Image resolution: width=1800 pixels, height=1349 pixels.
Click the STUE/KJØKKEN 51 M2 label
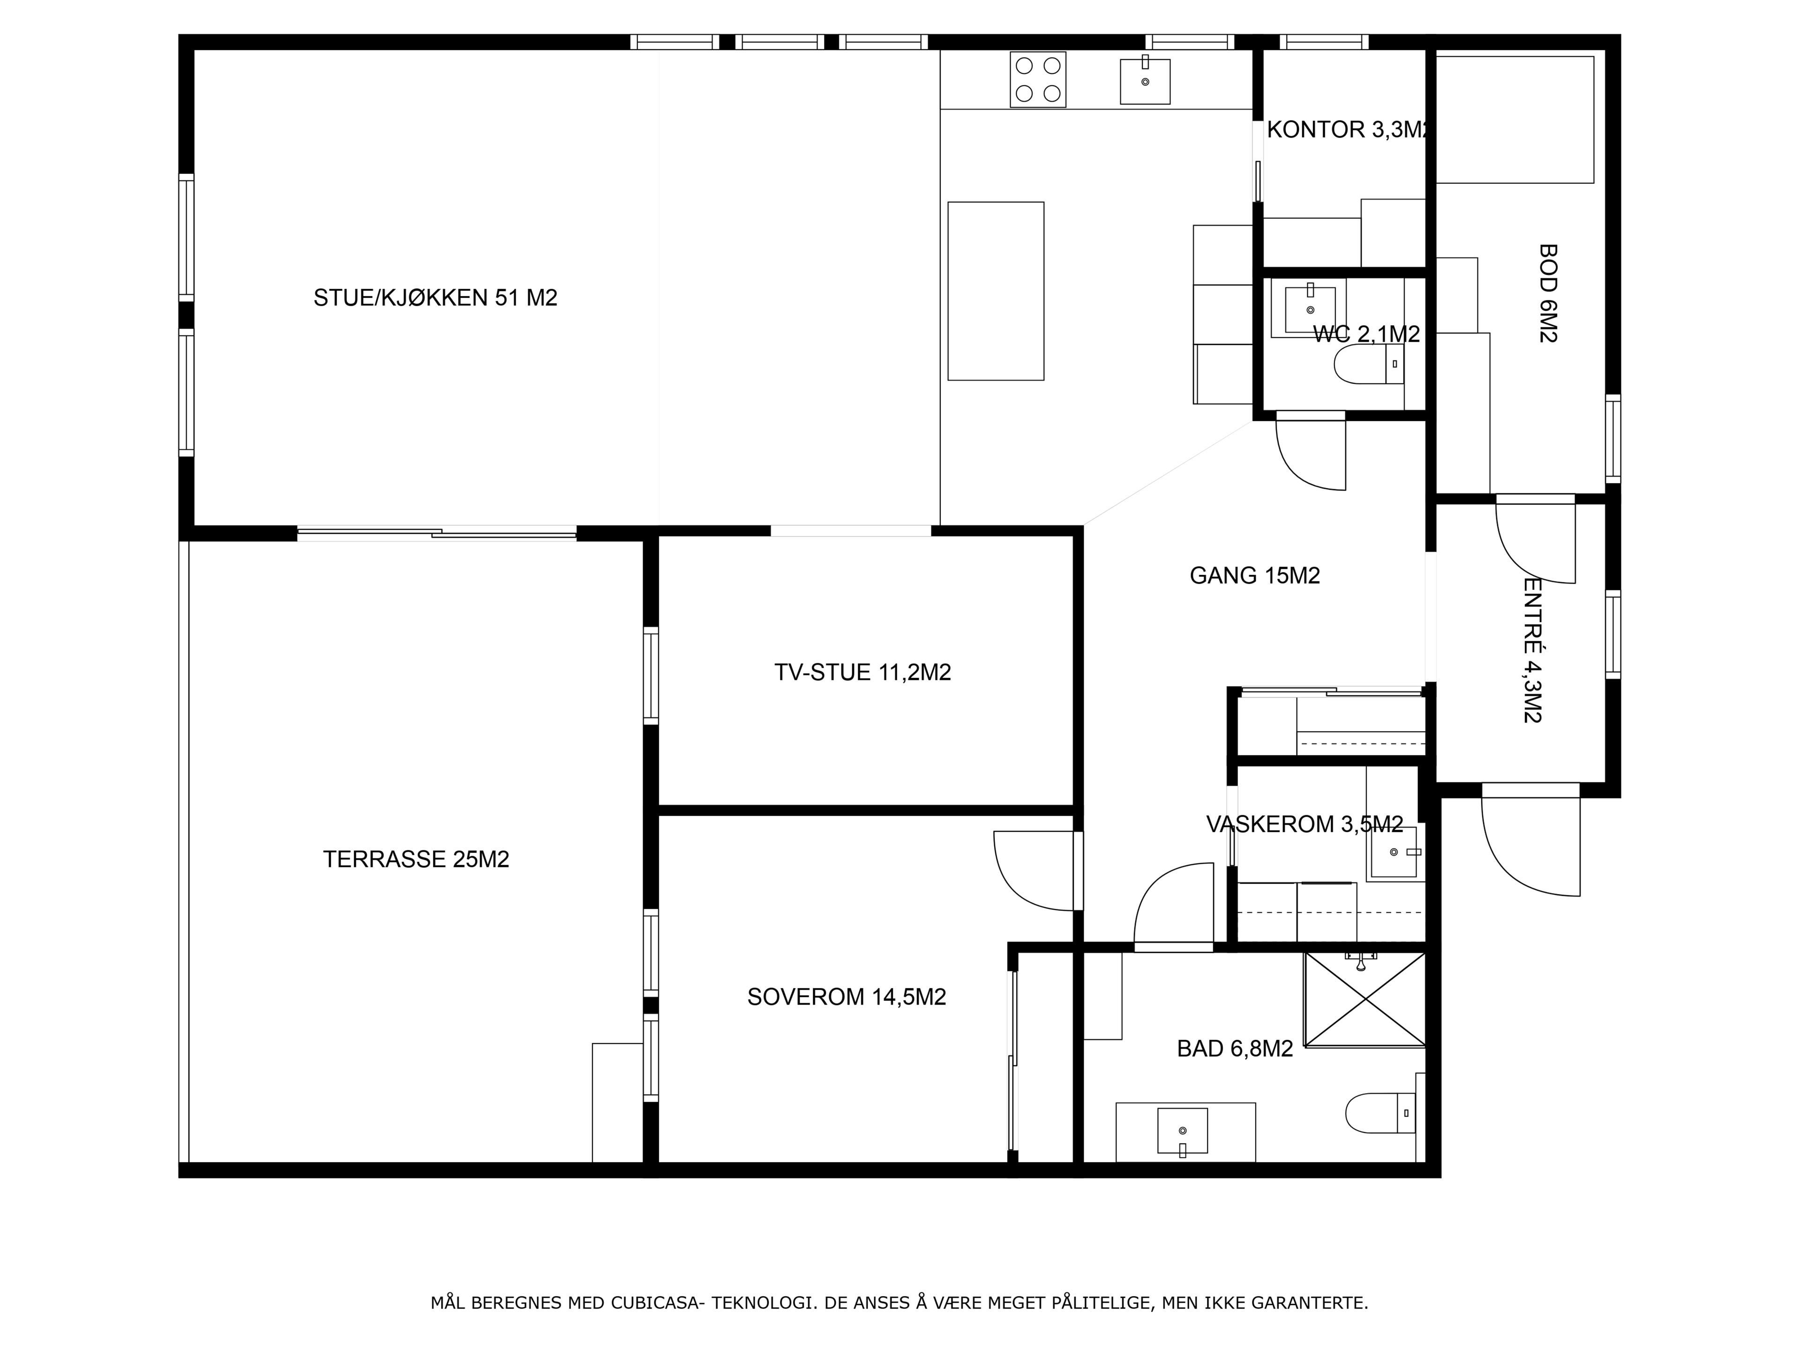(x=435, y=298)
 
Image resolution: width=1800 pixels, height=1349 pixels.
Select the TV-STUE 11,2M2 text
(x=862, y=672)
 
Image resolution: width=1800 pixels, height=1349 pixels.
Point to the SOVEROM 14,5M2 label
(x=846, y=997)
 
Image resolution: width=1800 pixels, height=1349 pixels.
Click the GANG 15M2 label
(x=1255, y=575)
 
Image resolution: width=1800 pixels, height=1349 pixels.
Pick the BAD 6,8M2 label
(x=1234, y=1049)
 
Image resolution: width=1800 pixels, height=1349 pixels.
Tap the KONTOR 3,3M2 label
(x=1347, y=129)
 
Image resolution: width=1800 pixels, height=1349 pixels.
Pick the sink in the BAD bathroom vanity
(x=1182, y=1131)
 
